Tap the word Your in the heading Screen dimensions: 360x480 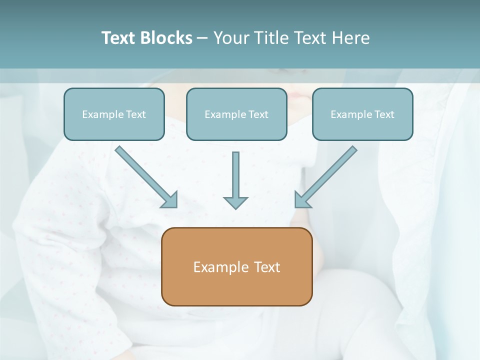point(231,38)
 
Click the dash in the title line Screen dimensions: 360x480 point(202,38)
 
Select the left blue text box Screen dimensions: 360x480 point(114,114)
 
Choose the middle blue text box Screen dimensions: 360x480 point(236,114)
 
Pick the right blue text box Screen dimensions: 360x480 point(362,114)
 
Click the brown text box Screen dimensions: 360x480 point(236,266)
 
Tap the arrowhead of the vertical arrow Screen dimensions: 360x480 point(235,202)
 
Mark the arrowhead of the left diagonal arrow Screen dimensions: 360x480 point(170,200)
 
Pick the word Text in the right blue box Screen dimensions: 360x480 point(384,114)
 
